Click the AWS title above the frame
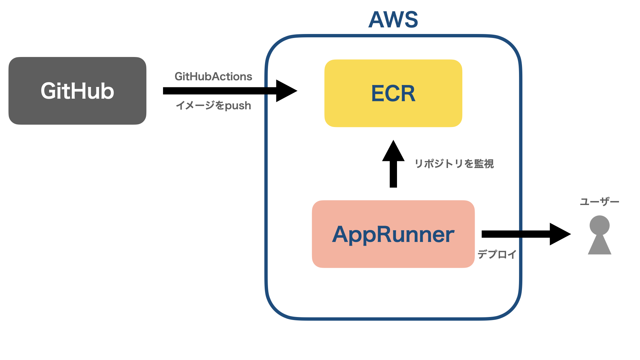(393, 19)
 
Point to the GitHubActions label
(213, 77)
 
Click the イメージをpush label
(213, 106)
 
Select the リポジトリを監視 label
(454, 164)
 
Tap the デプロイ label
(497, 254)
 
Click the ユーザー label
(599, 202)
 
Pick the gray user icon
(599, 235)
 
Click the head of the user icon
(599, 225)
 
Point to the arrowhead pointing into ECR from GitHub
(286, 91)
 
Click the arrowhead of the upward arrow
(393, 152)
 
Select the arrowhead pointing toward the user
(559, 234)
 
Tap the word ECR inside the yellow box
(393, 93)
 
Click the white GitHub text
(77, 91)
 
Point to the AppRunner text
(393, 234)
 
